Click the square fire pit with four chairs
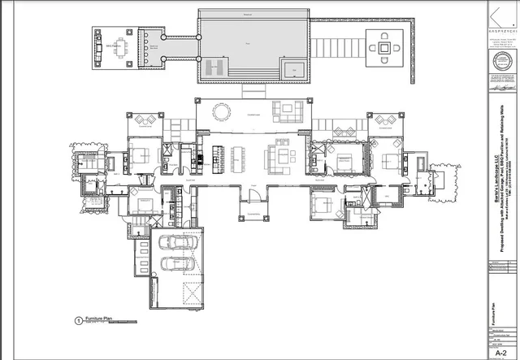click(383, 47)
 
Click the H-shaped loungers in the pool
click(214, 67)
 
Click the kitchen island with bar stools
click(218, 154)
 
